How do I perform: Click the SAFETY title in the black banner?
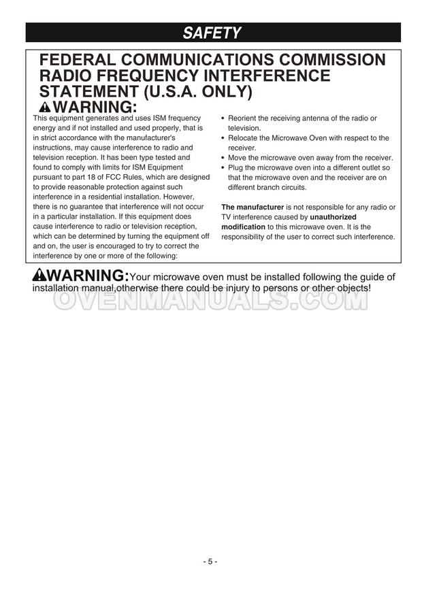coord(212,32)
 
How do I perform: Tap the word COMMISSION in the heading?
coord(327,60)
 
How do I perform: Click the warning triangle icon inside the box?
coord(46,107)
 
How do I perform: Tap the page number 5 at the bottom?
coord(210,561)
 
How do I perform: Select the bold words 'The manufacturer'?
coord(253,207)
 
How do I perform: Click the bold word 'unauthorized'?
coord(333,217)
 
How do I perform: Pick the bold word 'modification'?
coord(243,227)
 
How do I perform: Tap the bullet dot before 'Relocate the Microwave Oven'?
coord(223,138)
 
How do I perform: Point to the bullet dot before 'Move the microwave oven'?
coord(223,158)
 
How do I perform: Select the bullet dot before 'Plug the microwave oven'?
coord(223,167)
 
